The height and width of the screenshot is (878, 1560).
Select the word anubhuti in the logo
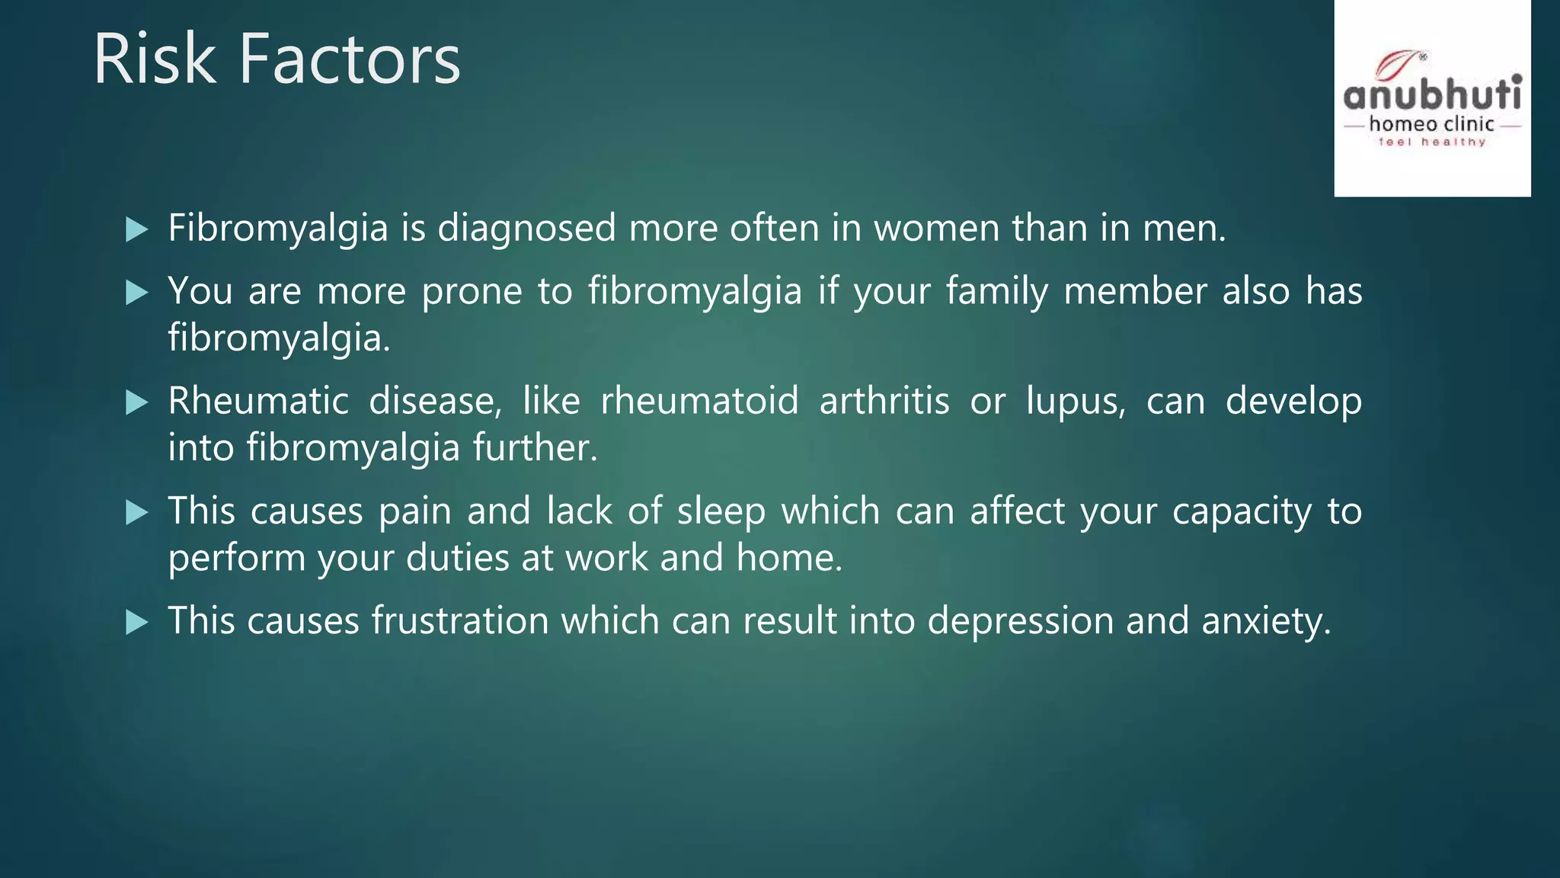[1432, 96]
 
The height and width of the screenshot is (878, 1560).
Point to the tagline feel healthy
[1432, 143]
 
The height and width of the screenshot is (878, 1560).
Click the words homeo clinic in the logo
[1432, 124]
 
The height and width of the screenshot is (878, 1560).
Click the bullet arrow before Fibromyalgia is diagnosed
[136, 229]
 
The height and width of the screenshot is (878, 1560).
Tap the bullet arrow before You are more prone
[136, 293]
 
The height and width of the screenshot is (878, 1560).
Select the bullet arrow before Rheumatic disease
[136, 402]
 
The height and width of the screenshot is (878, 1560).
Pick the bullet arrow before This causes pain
[136, 512]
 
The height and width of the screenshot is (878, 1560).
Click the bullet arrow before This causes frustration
[136, 623]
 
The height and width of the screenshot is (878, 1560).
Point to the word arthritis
[884, 402]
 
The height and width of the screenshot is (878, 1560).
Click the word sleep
[721, 511]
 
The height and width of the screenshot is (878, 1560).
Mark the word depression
[1021, 621]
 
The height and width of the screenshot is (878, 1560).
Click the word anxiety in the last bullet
[1265, 621]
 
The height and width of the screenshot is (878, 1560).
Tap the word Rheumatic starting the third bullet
[258, 402]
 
